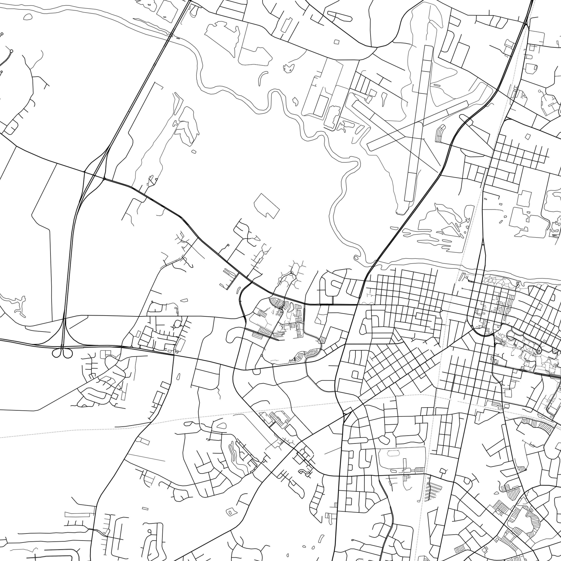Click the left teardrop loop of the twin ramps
(56, 353)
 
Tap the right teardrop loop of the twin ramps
(68, 353)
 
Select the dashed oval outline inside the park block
(393, 453)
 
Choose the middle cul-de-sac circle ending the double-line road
(12, 51)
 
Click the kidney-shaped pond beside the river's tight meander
(295, 101)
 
